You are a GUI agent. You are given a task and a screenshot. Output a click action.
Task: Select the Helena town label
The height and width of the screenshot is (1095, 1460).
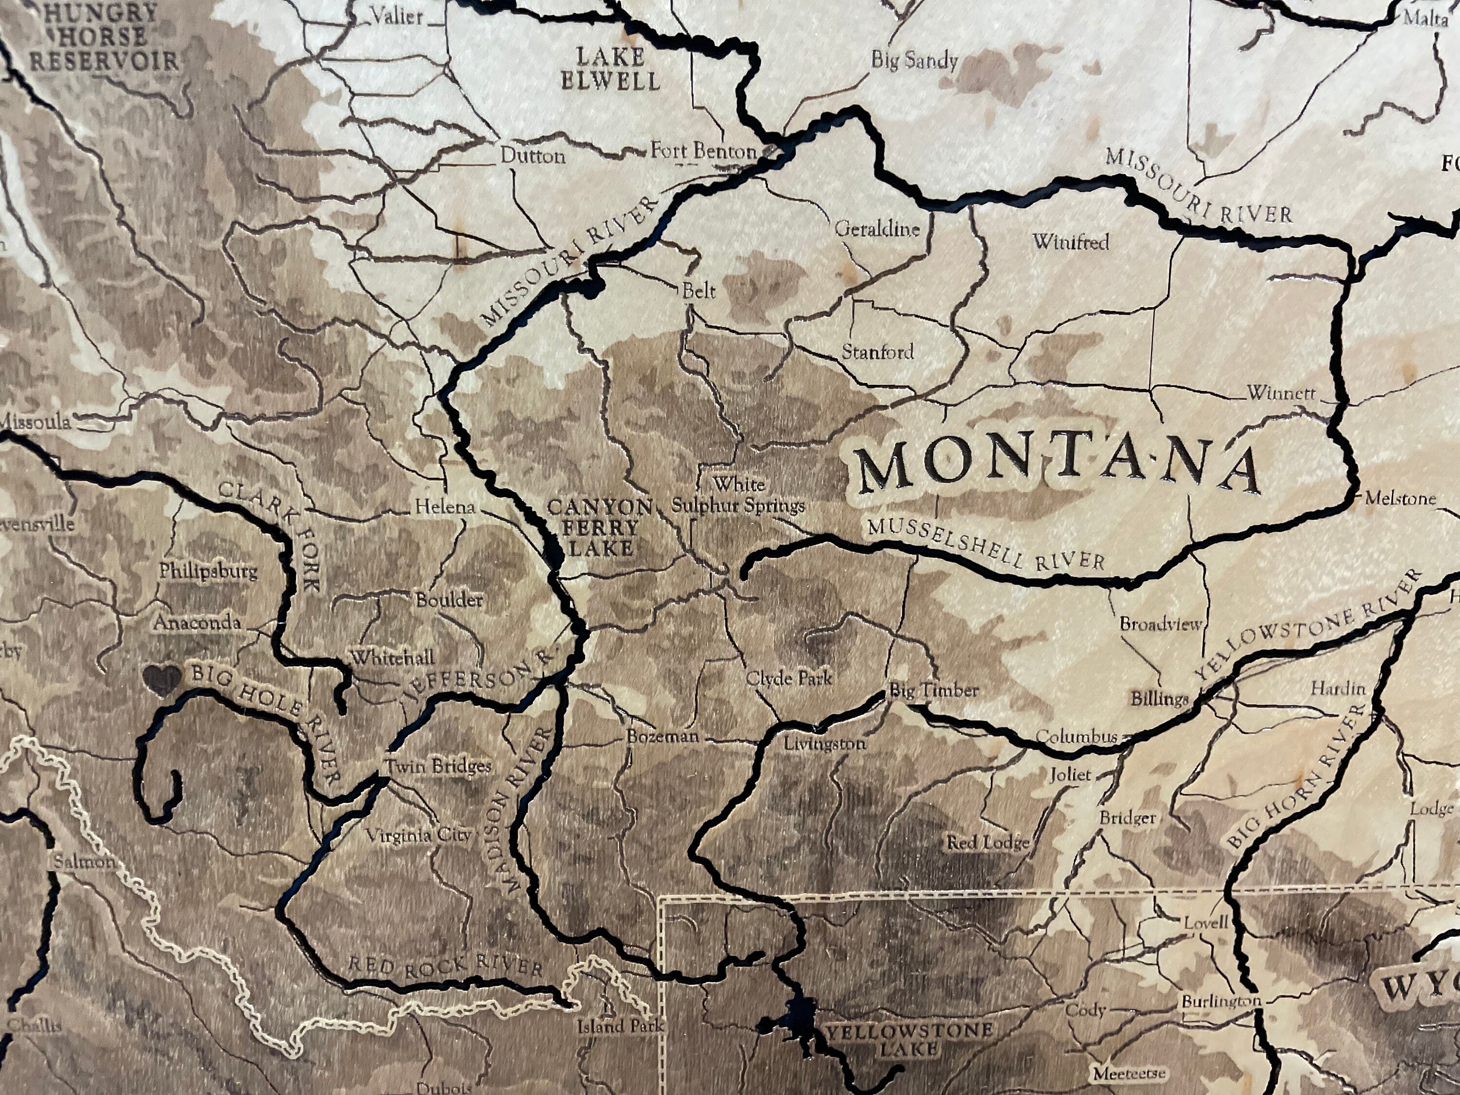(444, 507)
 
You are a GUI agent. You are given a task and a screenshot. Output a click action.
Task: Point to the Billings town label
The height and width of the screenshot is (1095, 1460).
(1159, 698)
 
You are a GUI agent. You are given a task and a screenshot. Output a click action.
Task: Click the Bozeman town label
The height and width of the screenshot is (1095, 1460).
(662, 737)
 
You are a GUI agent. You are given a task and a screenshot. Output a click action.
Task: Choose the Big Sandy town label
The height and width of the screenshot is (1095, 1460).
(914, 61)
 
